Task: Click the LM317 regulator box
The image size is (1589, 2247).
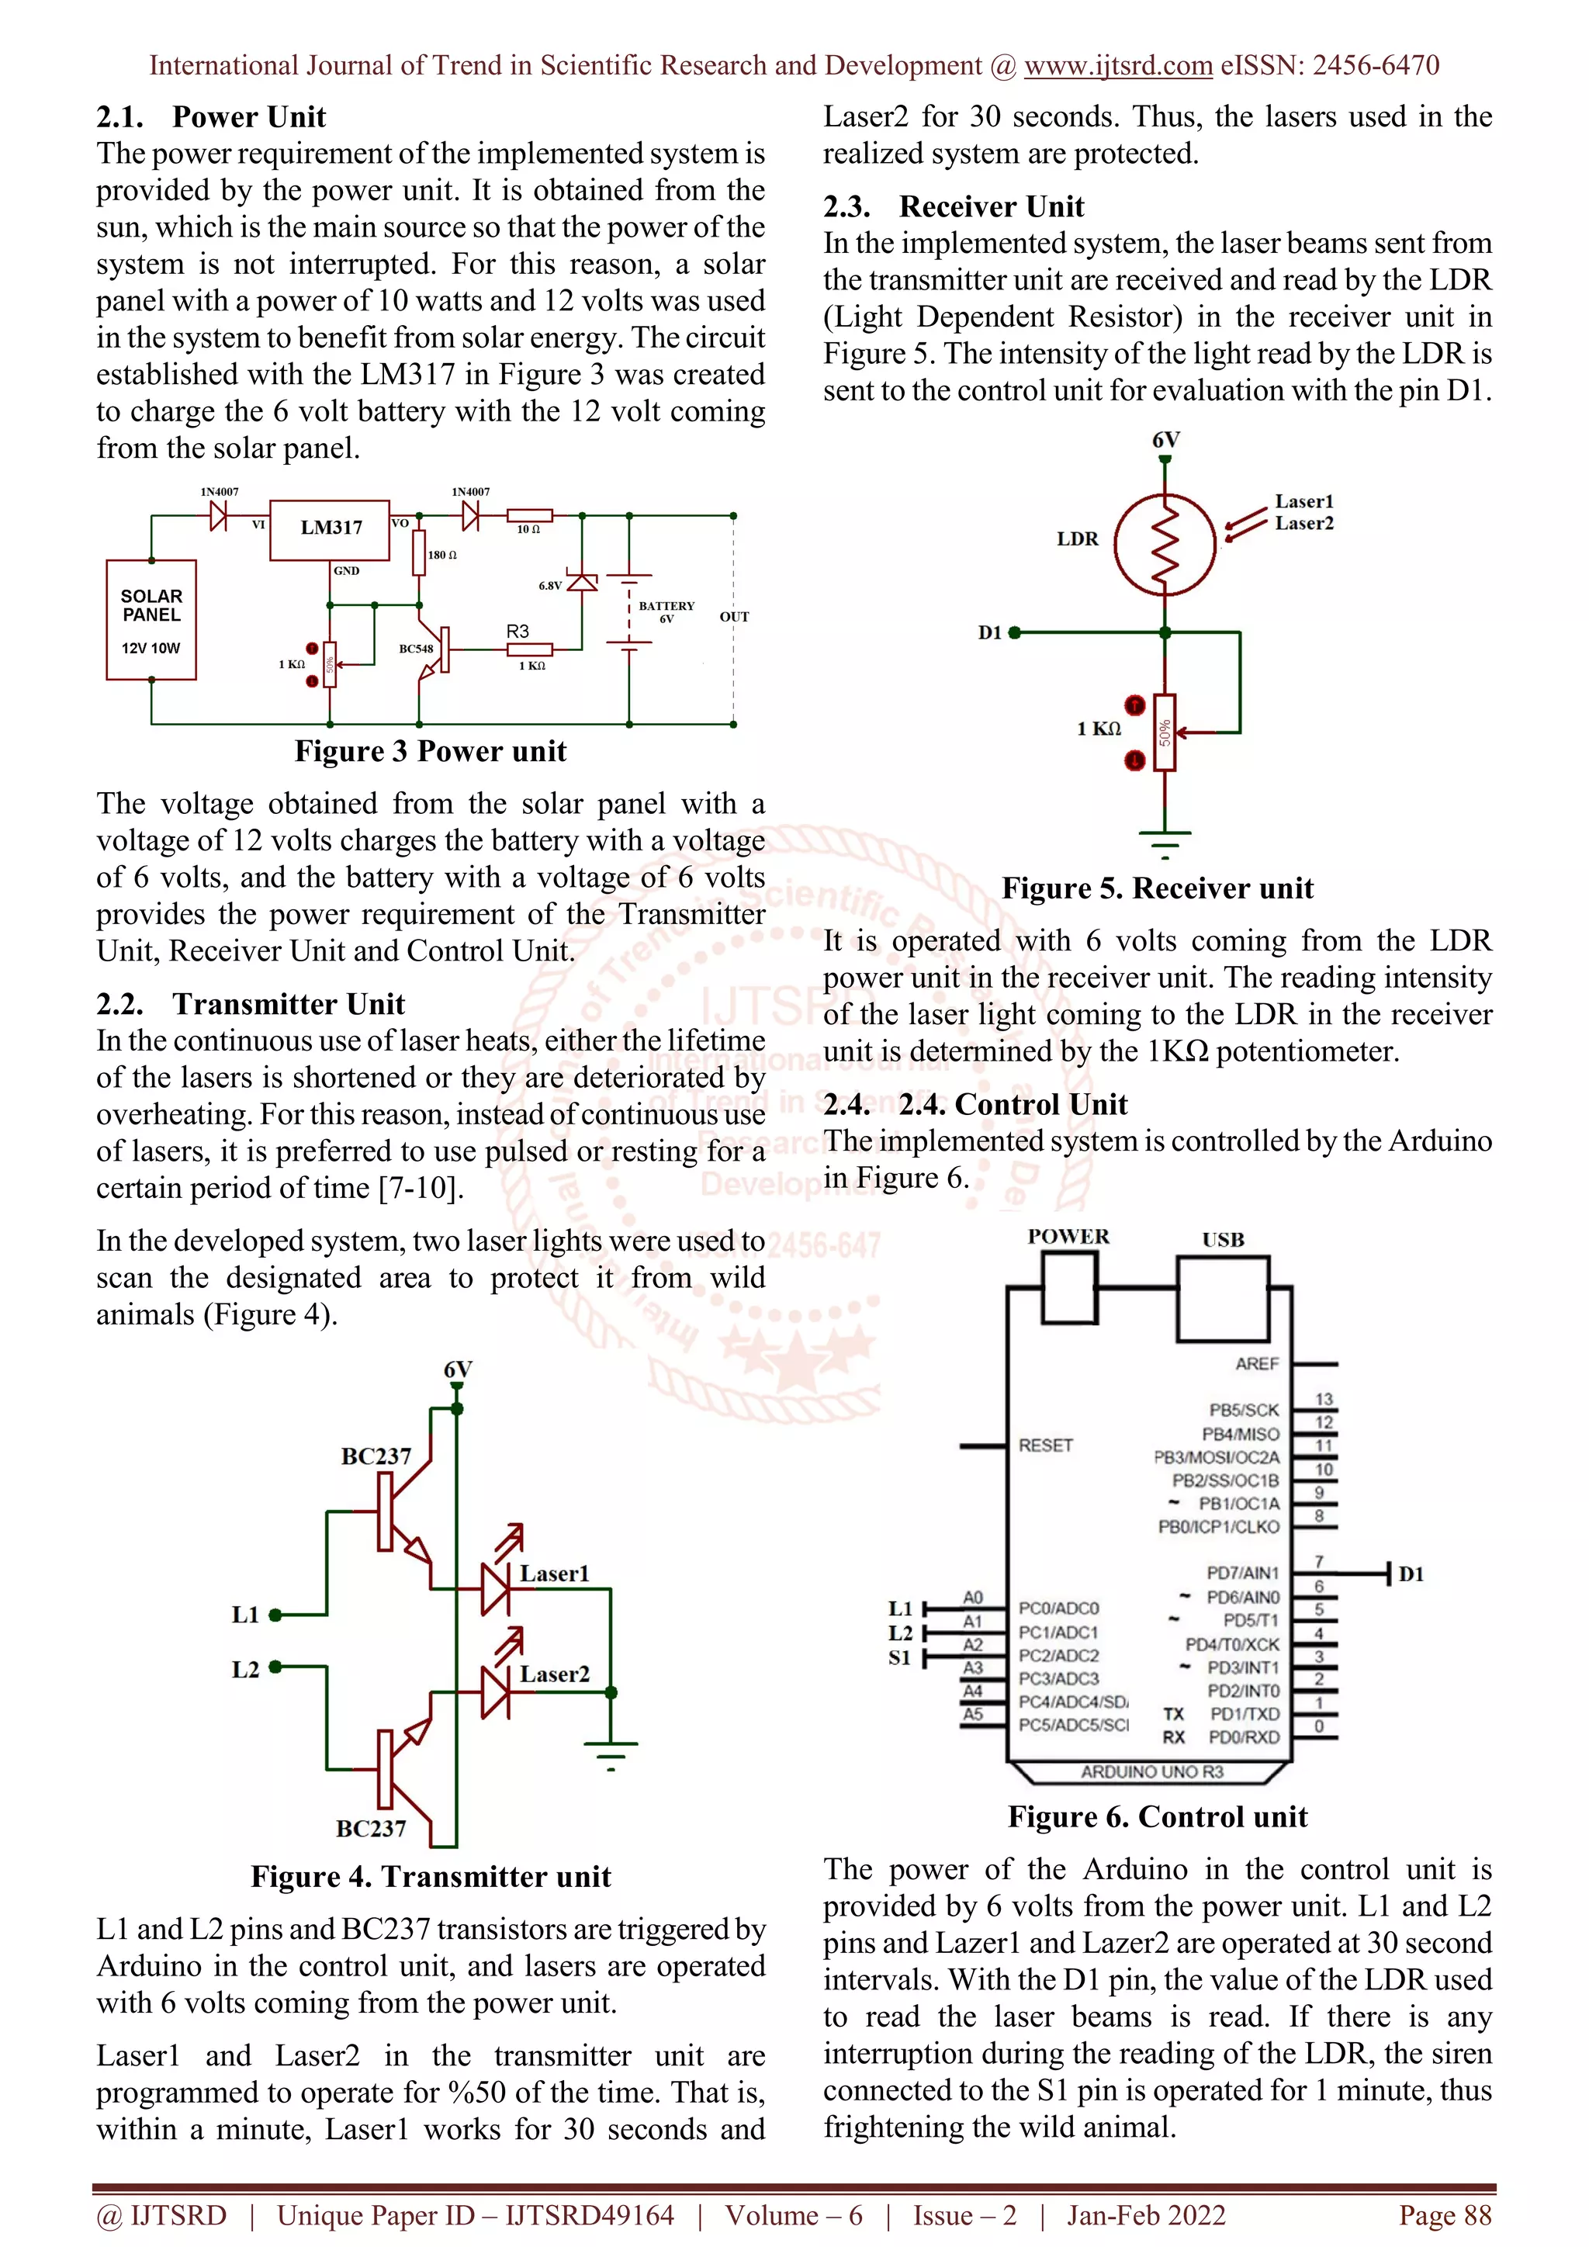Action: [330, 529]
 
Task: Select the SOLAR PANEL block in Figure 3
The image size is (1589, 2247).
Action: [151, 619]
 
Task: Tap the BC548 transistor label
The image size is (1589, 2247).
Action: [416, 649]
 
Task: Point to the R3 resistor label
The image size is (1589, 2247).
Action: [518, 632]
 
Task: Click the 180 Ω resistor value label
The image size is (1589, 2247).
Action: [442, 555]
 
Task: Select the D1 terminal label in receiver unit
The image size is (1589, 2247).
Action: [990, 633]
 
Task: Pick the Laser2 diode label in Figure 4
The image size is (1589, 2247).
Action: [555, 1674]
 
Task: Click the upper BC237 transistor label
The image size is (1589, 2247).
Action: [376, 1456]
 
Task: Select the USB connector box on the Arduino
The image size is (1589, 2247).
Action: [1222, 1298]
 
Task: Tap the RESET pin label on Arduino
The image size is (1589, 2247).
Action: [1045, 1445]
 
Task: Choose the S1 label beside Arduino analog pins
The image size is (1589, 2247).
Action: [899, 1658]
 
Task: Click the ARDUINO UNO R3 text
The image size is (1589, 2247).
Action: [1151, 1772]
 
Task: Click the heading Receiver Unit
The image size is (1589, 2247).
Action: [991, 206]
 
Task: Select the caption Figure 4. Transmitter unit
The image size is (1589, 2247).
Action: [431, 1876]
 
